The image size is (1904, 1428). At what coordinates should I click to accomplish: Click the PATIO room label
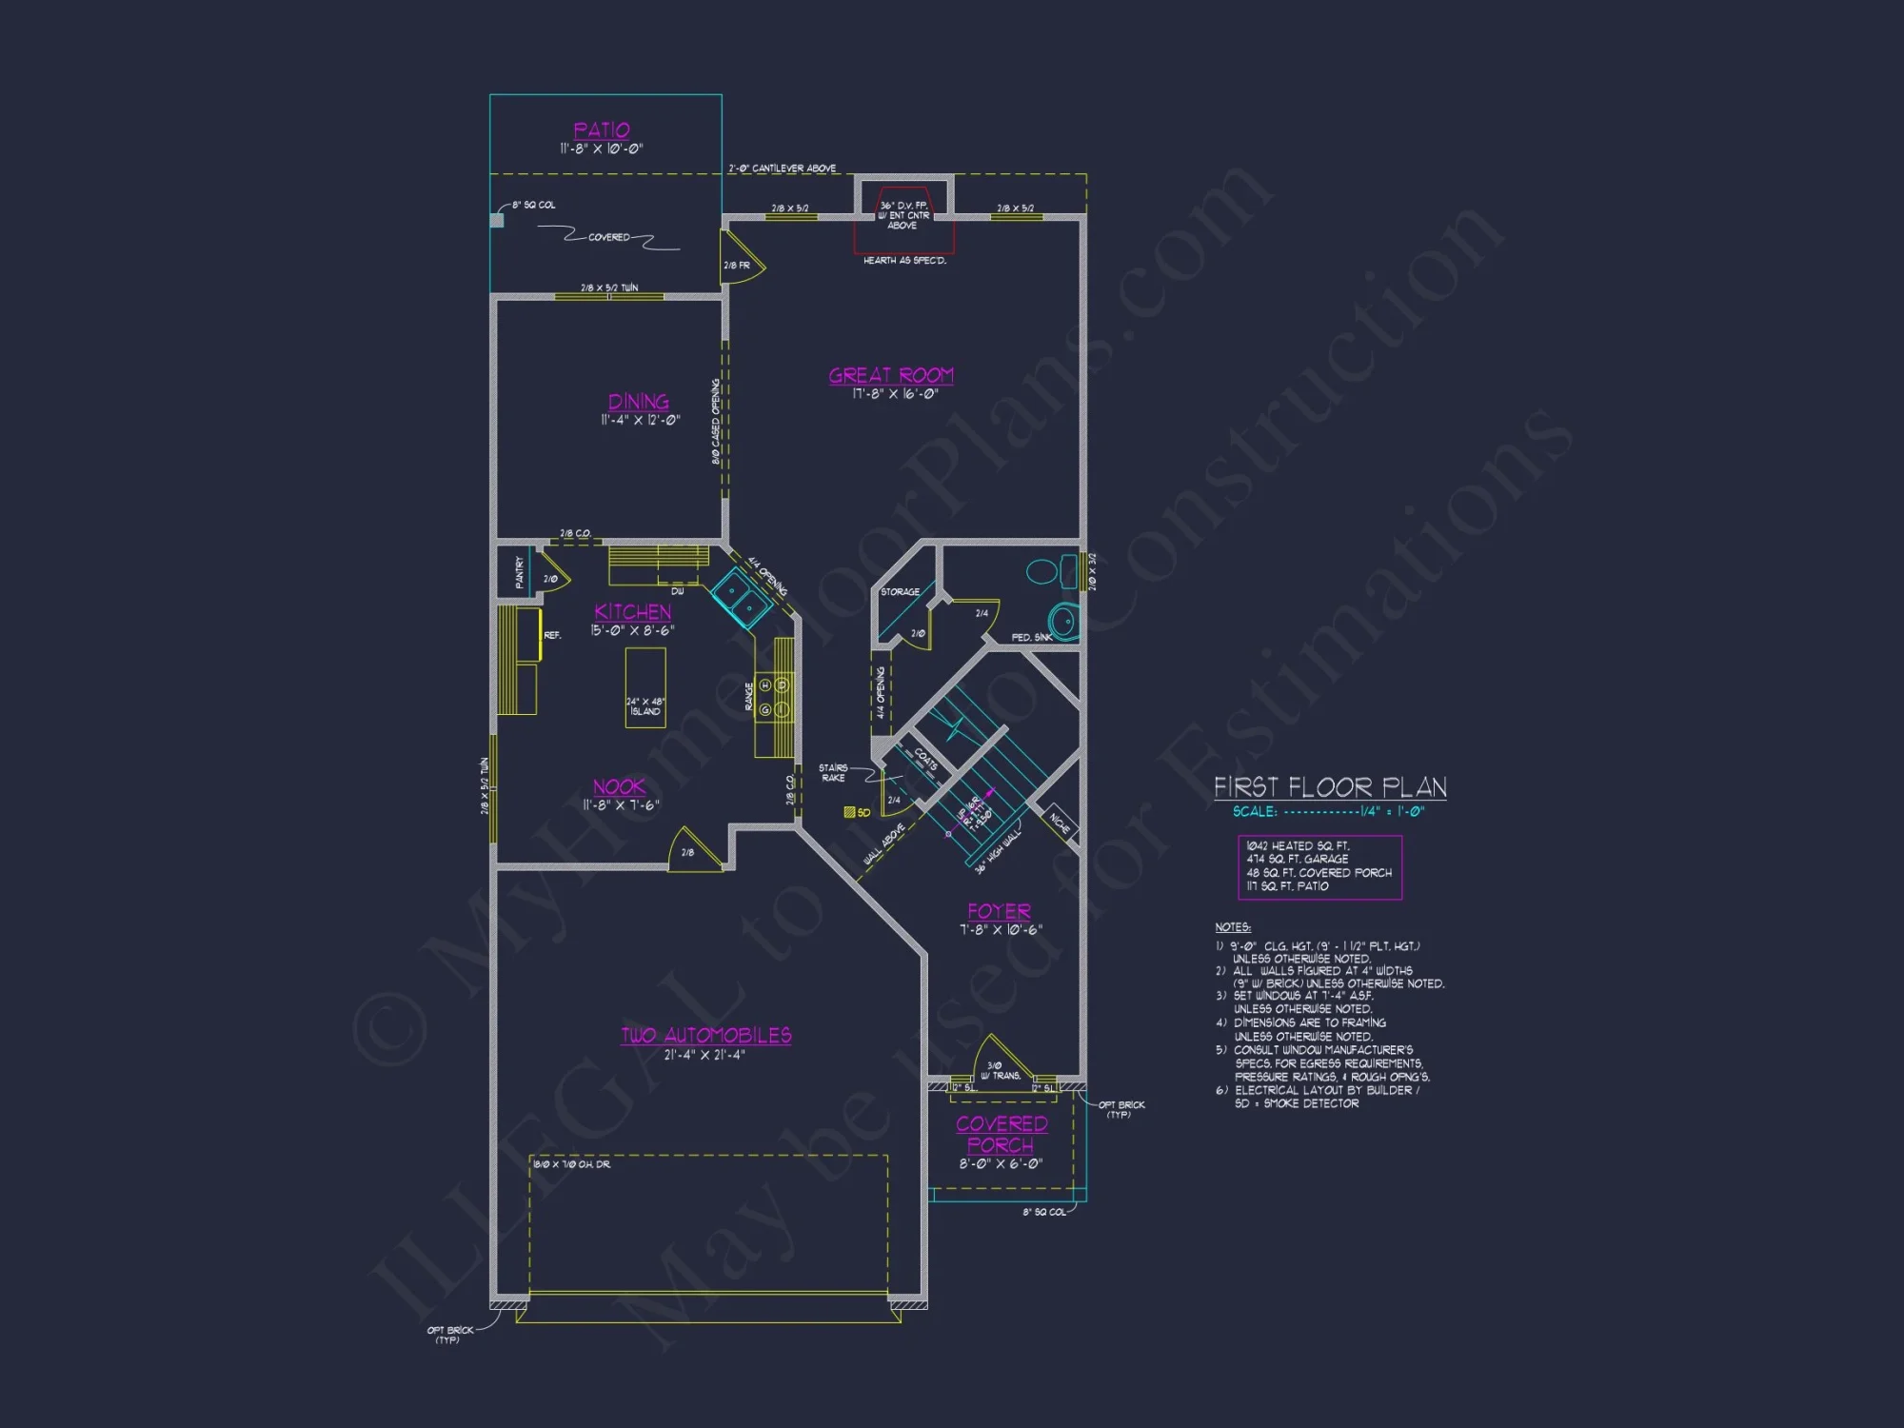(601, 130)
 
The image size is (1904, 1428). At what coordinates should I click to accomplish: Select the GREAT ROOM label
(890, 375)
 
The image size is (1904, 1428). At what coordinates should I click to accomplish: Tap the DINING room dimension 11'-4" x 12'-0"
(640, 420)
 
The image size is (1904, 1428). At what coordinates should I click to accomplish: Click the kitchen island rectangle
(645, 686)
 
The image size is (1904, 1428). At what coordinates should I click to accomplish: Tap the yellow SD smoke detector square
(850, 812)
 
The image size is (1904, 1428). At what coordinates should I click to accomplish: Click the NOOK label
(619, 787)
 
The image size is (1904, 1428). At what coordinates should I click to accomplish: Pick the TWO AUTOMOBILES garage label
(705, 1036)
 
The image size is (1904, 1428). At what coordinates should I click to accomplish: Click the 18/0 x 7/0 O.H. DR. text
(571, 1164)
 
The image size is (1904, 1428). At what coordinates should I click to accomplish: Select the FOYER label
(999, 911)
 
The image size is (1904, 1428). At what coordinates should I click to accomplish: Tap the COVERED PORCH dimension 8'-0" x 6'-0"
(1001, 1163)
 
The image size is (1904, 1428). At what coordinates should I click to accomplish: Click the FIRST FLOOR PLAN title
(1330, 787)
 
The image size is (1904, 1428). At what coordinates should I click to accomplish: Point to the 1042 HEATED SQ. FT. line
(1298, 845)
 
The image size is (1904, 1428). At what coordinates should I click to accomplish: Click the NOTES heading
(1232, 927)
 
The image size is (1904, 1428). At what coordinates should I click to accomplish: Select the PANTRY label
(519, 572)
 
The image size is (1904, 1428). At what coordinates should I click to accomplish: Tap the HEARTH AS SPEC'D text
(904, 260)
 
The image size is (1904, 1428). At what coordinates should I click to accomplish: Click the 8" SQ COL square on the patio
(496, 221)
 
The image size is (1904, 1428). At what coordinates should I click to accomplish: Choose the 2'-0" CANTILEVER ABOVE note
(782, 169)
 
